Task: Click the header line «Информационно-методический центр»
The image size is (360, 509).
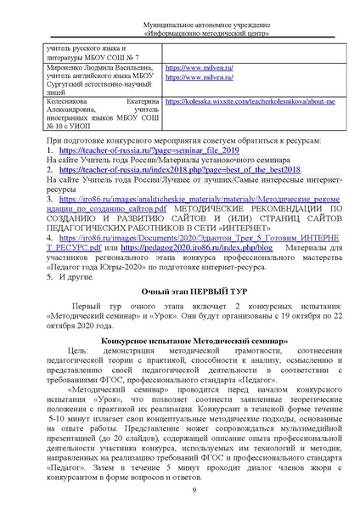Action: pos(180,25)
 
